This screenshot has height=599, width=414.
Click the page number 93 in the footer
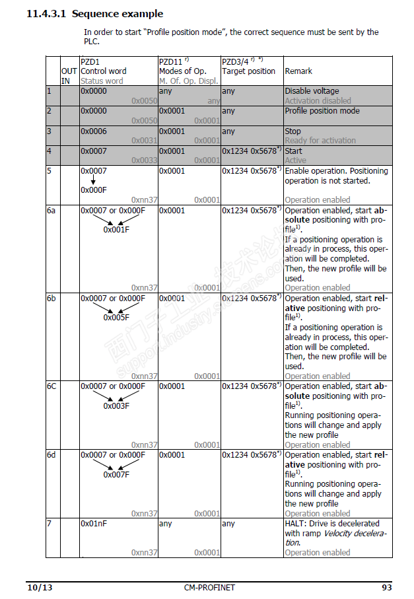pyautogui.click(x=388, y=587)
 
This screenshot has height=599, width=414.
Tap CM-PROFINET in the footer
pyautogui.click(x=210, y=587)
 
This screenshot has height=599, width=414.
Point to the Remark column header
pyautogui.click(x=298, y=71)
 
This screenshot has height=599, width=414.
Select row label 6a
pyautogui.click(x=52, y=211)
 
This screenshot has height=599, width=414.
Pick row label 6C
pyautogui.click(x=52, y=386)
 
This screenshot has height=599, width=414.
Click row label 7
pyautogui.click(x=49, y=524)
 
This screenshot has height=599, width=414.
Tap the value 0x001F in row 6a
pyautogui.click(x=116, y=230)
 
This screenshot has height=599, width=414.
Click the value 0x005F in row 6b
pyautogui.click(x=116, y=318)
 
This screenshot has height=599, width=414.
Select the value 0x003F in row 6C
pyautogui.click(x=116, y=405)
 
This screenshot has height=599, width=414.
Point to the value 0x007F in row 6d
pyautogui.click(x=116, y=474)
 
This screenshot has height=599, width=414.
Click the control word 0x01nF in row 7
pyautogui.click(x=94, y=524)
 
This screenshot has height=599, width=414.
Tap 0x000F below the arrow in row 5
pyautogui.click(x=94, y=190)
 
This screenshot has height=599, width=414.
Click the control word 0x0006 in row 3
pyautogui.click(x=94, y=131)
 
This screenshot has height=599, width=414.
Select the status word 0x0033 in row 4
pyautogui.click(x=144, y=160)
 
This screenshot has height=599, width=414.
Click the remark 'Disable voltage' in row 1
pyautogui.click(x=312, y=91)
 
